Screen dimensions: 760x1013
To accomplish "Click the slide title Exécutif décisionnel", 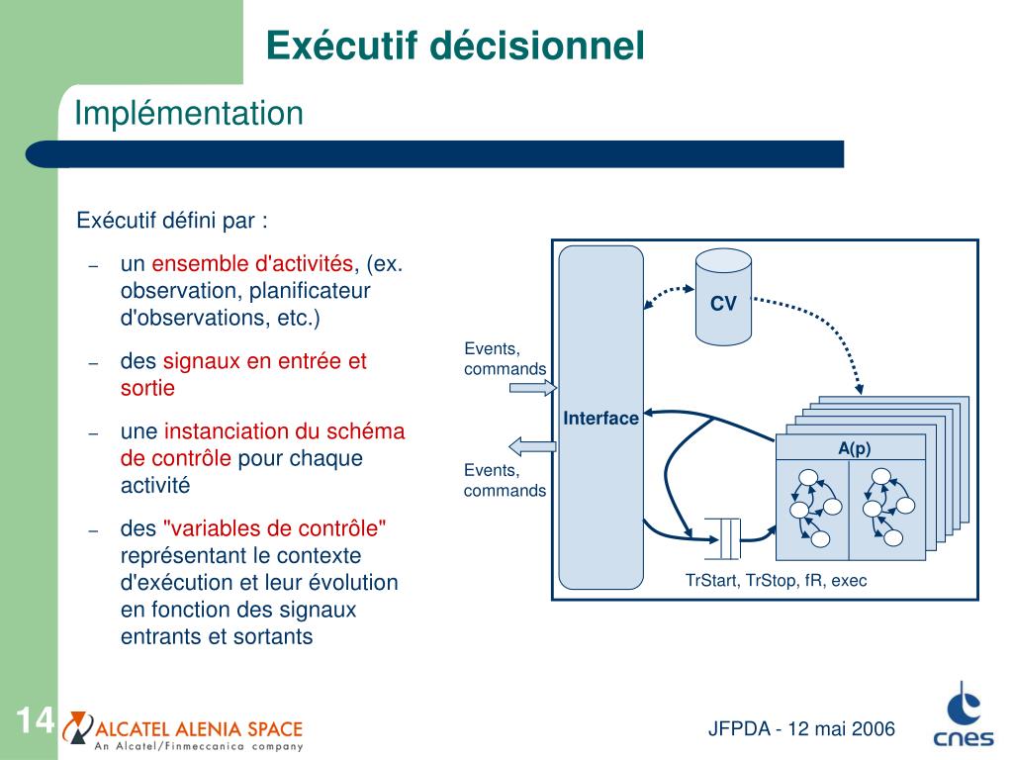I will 455,46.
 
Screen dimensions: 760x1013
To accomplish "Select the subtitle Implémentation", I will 189,114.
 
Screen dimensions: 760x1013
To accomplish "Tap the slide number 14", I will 34,720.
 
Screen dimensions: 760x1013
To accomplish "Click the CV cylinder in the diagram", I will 723,296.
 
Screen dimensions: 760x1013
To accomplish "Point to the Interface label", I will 600,419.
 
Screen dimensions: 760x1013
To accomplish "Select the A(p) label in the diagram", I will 854,448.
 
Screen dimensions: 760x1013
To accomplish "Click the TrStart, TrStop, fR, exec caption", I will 776,581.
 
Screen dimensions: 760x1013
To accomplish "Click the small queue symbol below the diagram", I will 723,537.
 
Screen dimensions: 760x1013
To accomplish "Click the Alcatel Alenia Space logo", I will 183,730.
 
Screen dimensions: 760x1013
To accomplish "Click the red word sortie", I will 147,388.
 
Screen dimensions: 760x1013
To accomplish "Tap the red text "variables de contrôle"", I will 274,528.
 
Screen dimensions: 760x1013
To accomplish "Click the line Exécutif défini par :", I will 172,220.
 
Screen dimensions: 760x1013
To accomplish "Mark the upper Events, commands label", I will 505,358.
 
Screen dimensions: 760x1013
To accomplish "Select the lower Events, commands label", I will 505,480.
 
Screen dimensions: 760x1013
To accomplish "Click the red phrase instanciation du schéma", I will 284,432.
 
